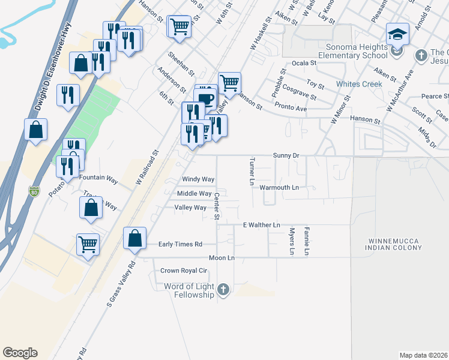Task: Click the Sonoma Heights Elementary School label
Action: [x=357, y=52]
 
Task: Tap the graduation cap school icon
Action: [x=397, y=35]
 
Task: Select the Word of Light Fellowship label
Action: [x=189, y=291]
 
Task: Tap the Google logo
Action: [x=20, y=353]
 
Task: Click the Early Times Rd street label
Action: [x=180, y=244]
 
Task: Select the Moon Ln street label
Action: [x=221, y=257]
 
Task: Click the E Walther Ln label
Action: [x=261, y=225]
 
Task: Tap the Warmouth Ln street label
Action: [x=279, y=188]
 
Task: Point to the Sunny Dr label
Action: [x=286, y=155]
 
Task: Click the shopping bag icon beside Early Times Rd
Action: [x=135, y=238]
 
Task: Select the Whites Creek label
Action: [x=359, y=84]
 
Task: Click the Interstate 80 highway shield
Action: [x=34, y=192]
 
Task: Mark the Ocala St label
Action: [x=304, y=63]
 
